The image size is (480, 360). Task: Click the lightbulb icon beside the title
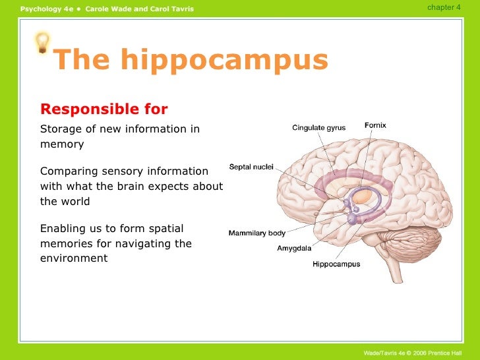43,42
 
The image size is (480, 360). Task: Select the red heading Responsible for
104,109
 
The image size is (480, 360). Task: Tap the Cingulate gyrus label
318,128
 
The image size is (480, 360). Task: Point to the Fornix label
375,125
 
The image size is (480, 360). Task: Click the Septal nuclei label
251,167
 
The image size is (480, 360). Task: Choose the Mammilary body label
256,233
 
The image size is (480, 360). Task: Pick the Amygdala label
294,249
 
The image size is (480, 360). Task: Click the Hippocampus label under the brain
336,264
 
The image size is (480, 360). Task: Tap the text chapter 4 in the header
444,7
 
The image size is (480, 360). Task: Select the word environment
73,258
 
